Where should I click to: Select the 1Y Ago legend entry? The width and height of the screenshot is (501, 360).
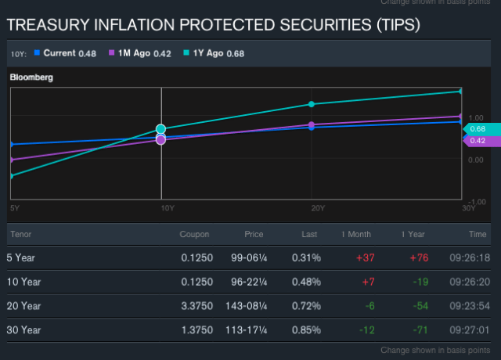207,53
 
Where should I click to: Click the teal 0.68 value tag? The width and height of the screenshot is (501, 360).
478,128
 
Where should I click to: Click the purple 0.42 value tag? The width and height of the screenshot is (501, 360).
478,141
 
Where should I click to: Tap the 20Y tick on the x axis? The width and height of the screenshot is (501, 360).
318,207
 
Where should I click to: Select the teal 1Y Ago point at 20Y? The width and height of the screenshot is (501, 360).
312,104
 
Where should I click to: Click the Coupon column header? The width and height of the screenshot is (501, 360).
194,234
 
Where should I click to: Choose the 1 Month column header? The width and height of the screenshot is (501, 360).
355,234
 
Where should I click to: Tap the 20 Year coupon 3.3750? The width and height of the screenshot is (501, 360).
196,305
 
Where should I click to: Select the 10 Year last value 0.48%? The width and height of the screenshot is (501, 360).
306,282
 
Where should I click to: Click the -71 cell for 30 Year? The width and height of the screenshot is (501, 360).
416,329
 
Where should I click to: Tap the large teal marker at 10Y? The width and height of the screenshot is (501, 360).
161,129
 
